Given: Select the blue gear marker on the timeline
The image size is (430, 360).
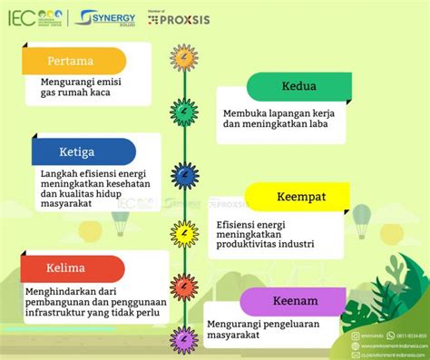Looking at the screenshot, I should (x=184, y=176).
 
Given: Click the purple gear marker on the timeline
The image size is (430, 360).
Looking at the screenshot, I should (x=184, y=338).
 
